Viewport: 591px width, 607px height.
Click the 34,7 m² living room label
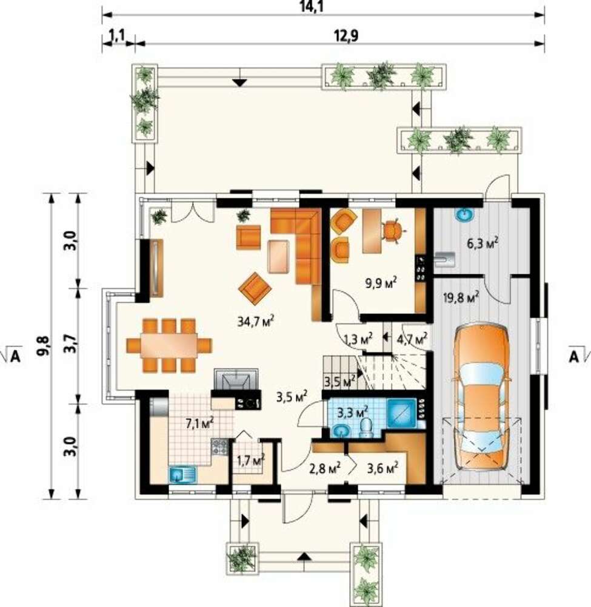(x=256, y=320)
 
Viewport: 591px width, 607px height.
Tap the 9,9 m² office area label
(x=381, y=283)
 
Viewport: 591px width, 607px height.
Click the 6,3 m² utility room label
(x=482, y=243)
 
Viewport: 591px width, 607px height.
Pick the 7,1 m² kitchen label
(x=200, y=423)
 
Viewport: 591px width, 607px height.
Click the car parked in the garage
(x=482, y=397)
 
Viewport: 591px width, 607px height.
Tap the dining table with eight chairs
(x=169, y=345)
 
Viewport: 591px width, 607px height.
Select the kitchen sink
(x=182, y=474)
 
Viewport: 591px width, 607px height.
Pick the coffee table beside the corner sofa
(x=278, y=257)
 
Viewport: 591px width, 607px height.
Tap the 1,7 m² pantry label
(x=250, y=461)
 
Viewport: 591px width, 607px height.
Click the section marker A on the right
(x=575, y=356)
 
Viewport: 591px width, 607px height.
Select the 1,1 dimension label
(x=117, y=36)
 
